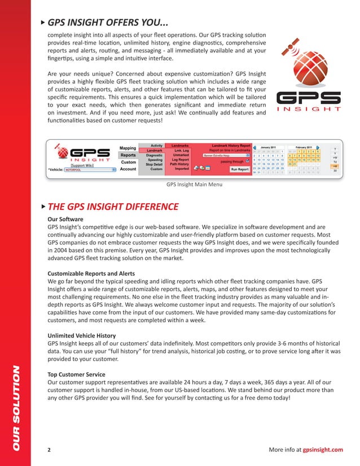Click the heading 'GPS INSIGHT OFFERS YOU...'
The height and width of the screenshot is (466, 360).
[107, 23]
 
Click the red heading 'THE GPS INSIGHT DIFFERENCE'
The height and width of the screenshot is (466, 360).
[113, 206]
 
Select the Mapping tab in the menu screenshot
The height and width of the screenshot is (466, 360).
[128, 148]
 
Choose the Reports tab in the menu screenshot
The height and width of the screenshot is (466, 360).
[128, 155]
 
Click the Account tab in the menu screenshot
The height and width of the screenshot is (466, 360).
[128, 169]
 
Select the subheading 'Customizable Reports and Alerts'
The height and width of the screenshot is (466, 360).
[94, 272]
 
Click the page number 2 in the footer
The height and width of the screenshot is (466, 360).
[50, 449]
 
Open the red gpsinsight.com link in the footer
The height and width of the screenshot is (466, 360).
[323, 449]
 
